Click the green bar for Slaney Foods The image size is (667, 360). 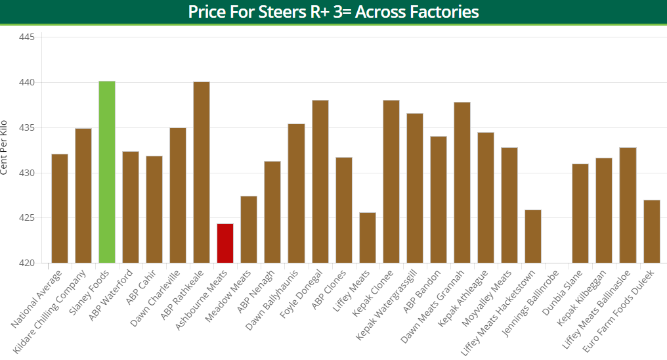coord(107,172)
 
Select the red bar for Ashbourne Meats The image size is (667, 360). coord(225,243)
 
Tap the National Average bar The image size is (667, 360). coord(60,208)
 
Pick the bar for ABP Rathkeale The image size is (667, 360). coord(202,172)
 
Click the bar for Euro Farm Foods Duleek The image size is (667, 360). coord(651,231)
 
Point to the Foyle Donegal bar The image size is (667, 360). coord(320,181)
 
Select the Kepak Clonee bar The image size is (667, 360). coord(391,181)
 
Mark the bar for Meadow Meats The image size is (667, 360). coord(249,229)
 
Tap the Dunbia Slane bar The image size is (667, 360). coord(580,214)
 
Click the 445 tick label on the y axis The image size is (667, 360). coord(26,37)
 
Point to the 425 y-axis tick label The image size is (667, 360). coord(26,218)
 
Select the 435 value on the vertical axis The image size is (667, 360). coord(26,127)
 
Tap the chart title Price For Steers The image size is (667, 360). coord(333,12)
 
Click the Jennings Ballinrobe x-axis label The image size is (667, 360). coord(531,300)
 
